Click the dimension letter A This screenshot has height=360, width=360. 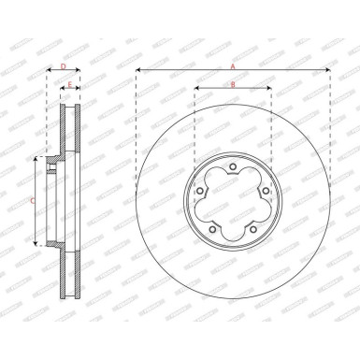[x=233, y=65]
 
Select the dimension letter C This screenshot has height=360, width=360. [x=33, y=201]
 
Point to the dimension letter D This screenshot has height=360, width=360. [x=63, y=67]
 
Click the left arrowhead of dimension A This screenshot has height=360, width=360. [x=137, y=71]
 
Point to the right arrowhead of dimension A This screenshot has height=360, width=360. [x=328, y=71]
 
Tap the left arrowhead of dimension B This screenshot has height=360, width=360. [x=195, y=91]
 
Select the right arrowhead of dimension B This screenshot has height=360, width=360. [x=270, y=91]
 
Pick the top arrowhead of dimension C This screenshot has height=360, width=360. [x=36, y=160]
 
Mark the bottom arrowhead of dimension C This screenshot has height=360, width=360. [x=36, y=243]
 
